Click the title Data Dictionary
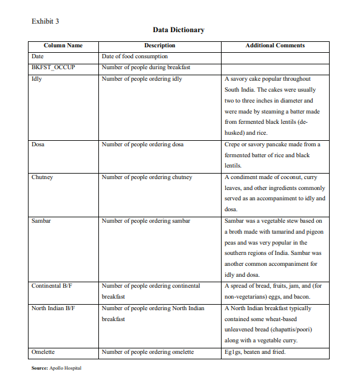[x=178, y=30]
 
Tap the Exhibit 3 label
[x=45, y=21]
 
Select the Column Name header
[x=63, y=46]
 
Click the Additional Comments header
[x=275, y=46]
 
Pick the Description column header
[x=160, y=46]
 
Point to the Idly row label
[x=36, y=79]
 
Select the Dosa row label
[x=38, y=144]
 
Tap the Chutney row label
[x=42, y=177]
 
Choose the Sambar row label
[x=41, y=221]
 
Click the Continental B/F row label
[x=55, y=286]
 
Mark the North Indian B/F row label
[x=56, y=308]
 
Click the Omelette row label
[x=43, y=352]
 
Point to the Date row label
[x=37, y=56]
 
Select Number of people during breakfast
[x=146, y=67]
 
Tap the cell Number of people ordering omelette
[x=148, y=352]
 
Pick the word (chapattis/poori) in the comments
[x=288, y=330]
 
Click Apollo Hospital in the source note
[x=66, y=368]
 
